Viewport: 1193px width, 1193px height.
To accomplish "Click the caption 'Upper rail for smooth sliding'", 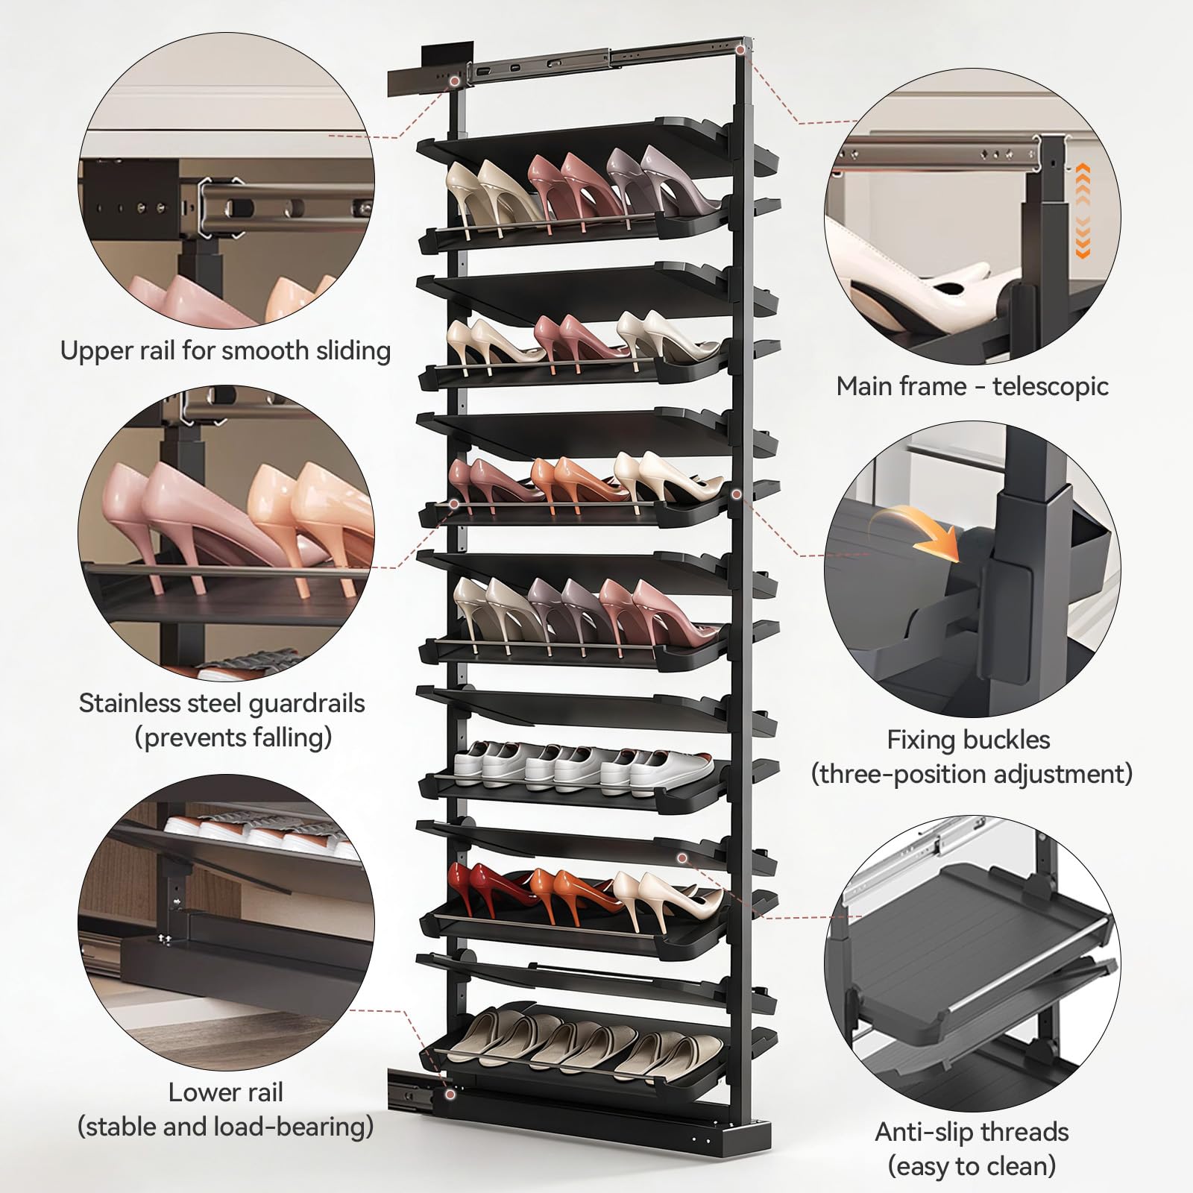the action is point(225,351).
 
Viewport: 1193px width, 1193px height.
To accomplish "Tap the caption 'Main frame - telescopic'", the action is point(972,386).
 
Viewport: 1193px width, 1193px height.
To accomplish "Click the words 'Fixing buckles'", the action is point(969,740).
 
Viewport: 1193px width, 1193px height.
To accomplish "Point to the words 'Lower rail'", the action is point(225,1092).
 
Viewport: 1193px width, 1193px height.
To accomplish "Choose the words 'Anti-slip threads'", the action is point(972,1132).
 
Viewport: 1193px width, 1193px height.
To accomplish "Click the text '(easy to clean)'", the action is point(972,1165).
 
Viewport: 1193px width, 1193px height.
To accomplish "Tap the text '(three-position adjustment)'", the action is point(972,774).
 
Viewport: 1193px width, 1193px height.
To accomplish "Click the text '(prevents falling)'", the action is point(233,738).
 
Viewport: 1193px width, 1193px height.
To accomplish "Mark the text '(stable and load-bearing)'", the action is point(225,1127).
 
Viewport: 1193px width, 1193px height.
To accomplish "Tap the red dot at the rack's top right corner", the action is point(740,49).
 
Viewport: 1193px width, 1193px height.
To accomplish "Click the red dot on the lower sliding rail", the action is point(449,1094).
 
